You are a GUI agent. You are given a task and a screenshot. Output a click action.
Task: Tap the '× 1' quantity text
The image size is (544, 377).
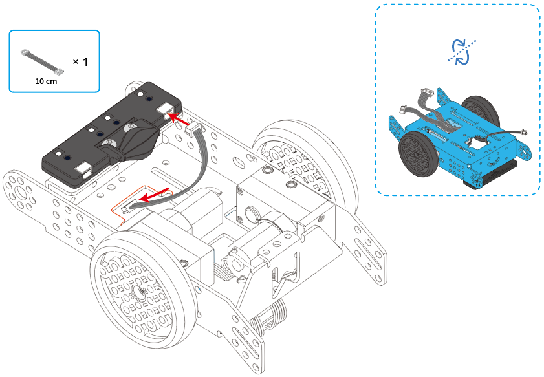(x=80, y=61)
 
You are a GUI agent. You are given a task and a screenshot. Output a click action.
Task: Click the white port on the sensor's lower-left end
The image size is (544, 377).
(x=85, y=169)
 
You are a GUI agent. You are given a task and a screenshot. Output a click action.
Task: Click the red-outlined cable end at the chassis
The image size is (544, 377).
(x=132, y=206)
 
